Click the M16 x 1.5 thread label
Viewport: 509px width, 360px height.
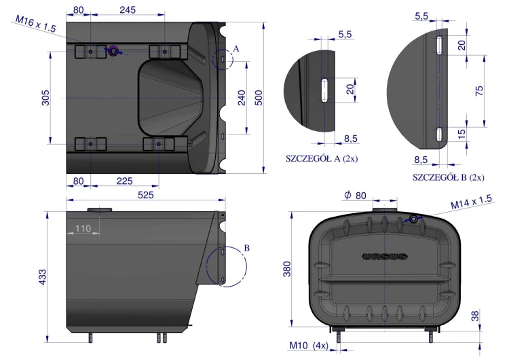pyautogui.click(x=36, y=24)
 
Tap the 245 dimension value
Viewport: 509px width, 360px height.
pyautogui.click(x=128, y=10)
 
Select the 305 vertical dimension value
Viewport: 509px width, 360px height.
pyautogui.click(x=45, y=98)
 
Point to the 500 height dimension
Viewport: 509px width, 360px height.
pyautogui.click(x=259, y=98)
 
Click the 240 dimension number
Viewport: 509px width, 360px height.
pyautogui.click(x=242, y=98)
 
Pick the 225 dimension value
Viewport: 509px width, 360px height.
pyautogui.click(x=125, y=181)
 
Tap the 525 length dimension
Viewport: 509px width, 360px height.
pyautogui.click(x=146, y=195)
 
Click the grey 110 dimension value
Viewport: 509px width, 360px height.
pyautogui.click(x=83, y=228)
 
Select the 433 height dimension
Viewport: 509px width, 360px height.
pyautogui.click(x=43, y=277)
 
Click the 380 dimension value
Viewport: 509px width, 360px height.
pyautogui.click(x=287, y=269)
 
